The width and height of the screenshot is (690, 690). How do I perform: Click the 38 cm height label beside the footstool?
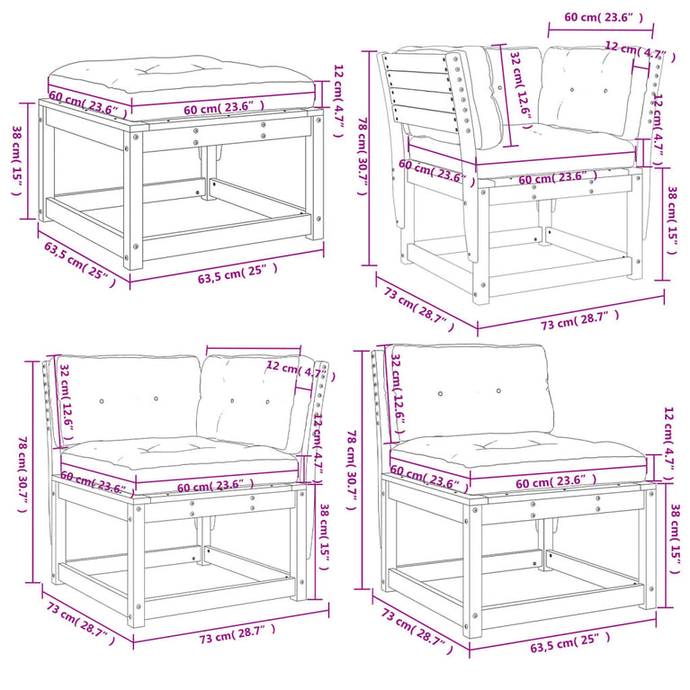(x=17, y=161)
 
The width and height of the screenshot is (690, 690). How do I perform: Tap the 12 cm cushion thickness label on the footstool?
(x=338, y=101)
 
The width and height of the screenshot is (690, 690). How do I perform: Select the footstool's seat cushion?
(x=182, y=81)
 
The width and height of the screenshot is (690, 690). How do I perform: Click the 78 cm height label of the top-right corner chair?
(x=363, y=157)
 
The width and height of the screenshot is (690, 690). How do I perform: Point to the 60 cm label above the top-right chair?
(x=604, y=18)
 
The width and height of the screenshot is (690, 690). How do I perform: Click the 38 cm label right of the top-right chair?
(x=672, y=220)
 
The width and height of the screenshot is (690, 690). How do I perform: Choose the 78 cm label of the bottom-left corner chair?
(x=22, y=475)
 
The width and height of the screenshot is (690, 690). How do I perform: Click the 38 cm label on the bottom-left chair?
(x=324, y=537)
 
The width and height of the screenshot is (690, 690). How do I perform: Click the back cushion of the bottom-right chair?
(x=471, y=393)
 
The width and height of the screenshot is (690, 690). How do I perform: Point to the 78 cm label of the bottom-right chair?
(x=352, y=470)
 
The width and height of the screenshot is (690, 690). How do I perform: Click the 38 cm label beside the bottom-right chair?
(x=674, y=539)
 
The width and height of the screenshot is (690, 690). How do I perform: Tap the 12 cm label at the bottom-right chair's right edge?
(x=669, y=445)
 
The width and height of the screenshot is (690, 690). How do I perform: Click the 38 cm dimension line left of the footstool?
(x=29, y=161)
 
